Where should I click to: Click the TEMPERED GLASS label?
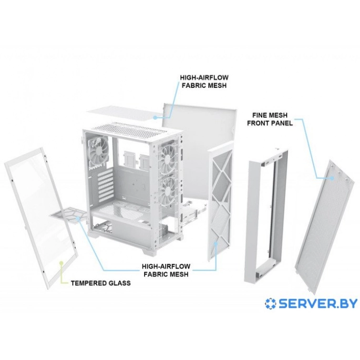(x=101, y=283)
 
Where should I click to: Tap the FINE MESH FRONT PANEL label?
(x=270, y=119)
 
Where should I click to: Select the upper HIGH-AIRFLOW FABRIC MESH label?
(x=204, y=81)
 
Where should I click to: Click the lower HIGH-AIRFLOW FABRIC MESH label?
(x=166, y=270)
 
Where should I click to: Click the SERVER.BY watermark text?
(x=318, y=304)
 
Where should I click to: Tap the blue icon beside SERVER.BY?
(x=271, y=304)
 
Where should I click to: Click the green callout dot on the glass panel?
(x=61, y=262)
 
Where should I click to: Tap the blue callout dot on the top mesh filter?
(x=155, y=117)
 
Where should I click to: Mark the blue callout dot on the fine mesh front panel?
(x=332, y=178)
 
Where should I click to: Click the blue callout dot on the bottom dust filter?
(x=78, y=218)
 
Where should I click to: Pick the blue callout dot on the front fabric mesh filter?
(x=215, y=243)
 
